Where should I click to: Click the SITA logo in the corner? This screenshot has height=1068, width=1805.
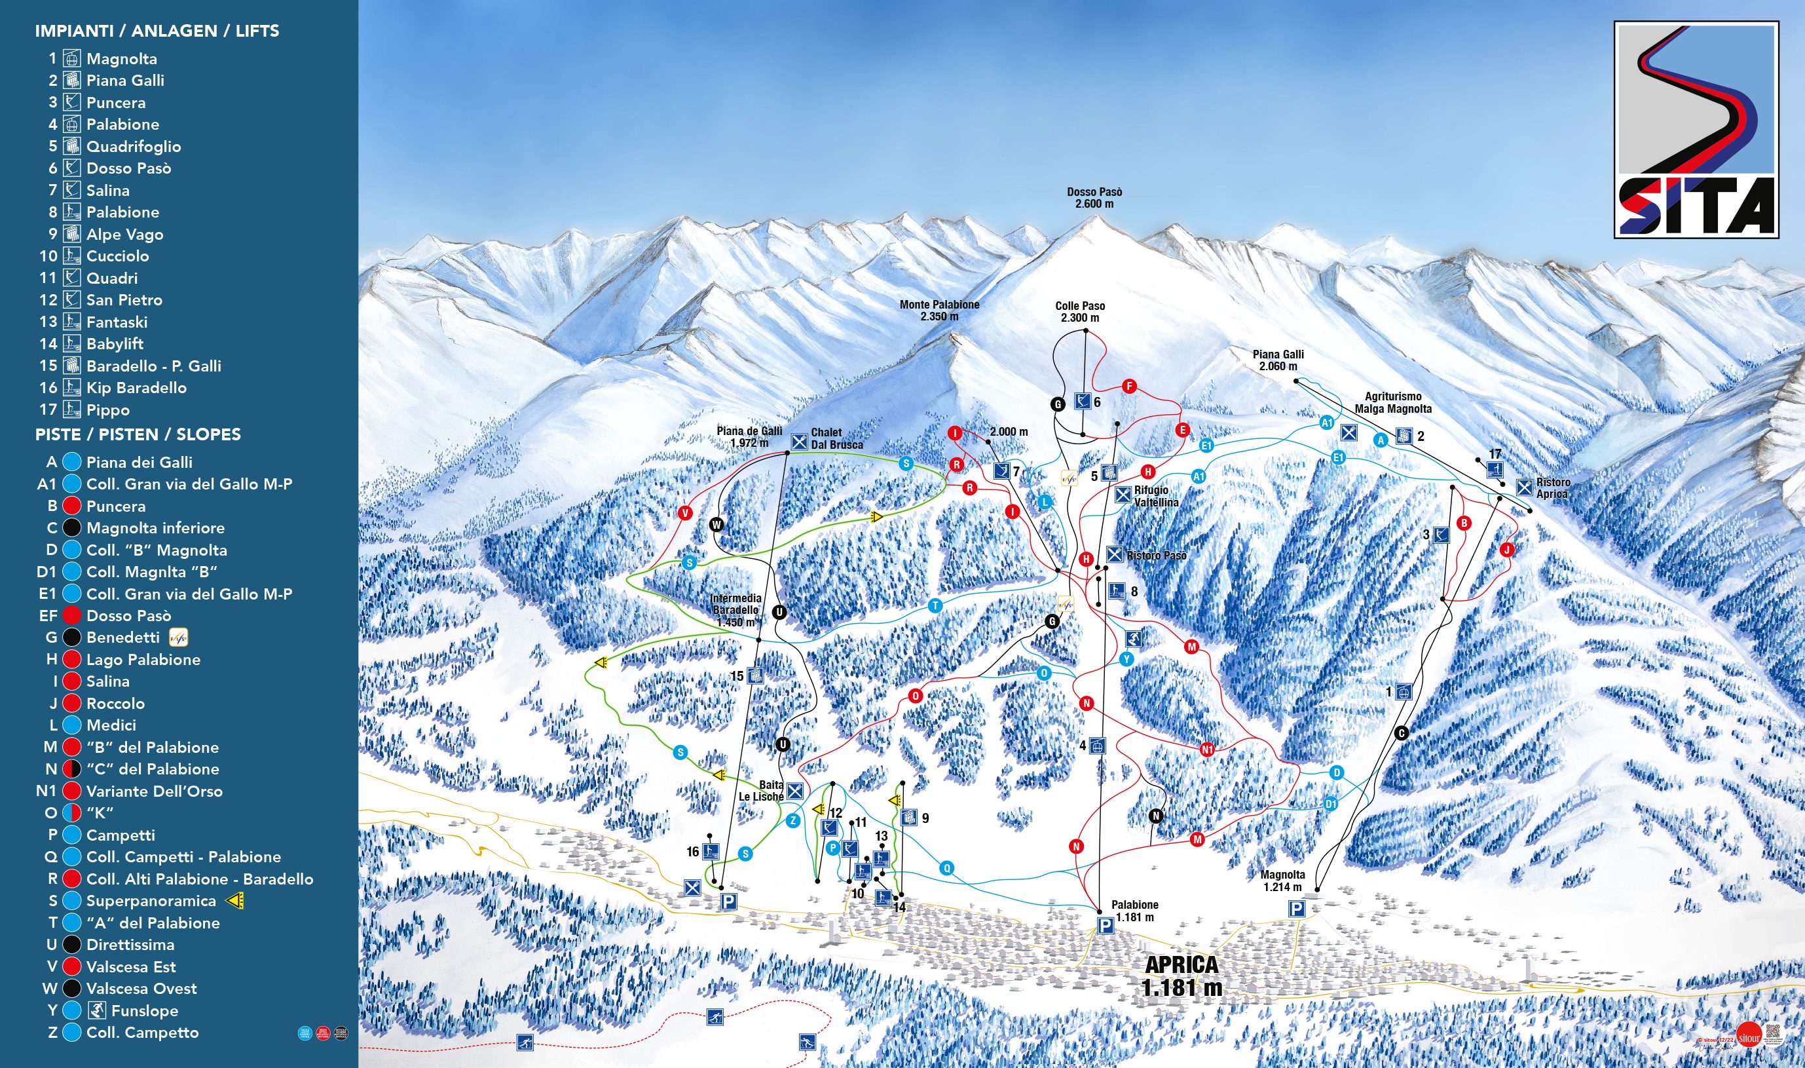pyautogui.click(x=1696, y=130)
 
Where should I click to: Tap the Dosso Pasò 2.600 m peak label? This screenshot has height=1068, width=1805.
pyautogui.click(x=1094, y=198)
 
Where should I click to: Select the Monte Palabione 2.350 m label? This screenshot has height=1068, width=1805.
pyautogui.click(x=939, y=310)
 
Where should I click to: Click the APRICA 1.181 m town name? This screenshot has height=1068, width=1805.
pyautogui.click(x=1182, y=975)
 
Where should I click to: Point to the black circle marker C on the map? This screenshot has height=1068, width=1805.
pyautogui.click(x=1401, y=733)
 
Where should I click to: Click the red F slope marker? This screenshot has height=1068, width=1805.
pyautogui.click(x=1128, y=387)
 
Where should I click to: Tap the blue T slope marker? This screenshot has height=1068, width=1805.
pyautogui.click(x=935, y=605)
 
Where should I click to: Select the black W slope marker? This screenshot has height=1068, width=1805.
pyautogui.click(x=716, y=525)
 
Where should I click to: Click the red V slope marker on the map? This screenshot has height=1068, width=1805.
pyautogui.click(x=685, y=513)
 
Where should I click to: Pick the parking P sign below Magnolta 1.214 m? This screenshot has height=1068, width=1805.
pyautogui.click(x=1295, y=909)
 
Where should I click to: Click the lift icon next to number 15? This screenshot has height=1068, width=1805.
pyautogui.click(x=754, y=675)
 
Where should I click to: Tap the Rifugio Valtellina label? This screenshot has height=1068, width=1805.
pyautogui.click(x=1155, y=496)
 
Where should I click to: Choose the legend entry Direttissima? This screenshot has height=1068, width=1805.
pyautogui.click(x=130, y=944)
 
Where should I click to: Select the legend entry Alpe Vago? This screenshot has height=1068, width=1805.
pyautogui.click(x=124, y=234)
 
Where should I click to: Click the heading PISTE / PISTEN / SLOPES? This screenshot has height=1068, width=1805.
pyautogui.click(x=138, y=434)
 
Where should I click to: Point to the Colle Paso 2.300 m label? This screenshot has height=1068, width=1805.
pyautogui.click(x=1080, y=312)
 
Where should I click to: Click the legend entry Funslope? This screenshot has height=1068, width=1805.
pyautogui.click(x=144, y=1010)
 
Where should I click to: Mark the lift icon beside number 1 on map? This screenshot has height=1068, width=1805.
pyautogui.click(x=1403, y=693)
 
